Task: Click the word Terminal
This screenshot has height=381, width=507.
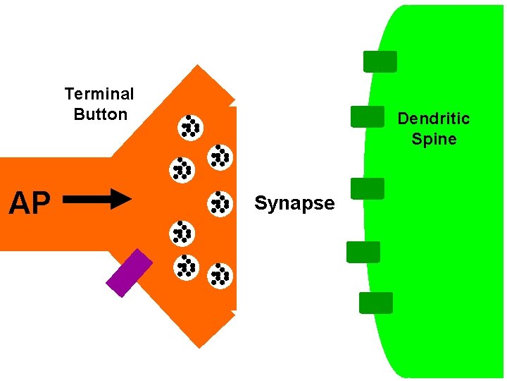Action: pyautogui.click(x=99, y=94)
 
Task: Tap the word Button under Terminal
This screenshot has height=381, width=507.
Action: pyautogui.click(x=101, y=114)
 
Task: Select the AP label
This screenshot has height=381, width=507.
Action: pyautogui.click(x=30, y=203)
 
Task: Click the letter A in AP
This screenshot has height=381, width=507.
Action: pyautogui.click(x=18, y=203)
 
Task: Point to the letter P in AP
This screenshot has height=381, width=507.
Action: pyautogui.click(x=41, y=203)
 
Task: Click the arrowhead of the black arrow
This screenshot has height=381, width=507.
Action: pyautogui.click(x=121, y=200)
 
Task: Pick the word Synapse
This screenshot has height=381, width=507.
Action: pyautogui.click(x=294, y=203)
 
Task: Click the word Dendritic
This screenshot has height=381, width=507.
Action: pyautogui.click(x=434, y=119)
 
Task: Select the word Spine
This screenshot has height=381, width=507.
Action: pyautogui.click(x=434, y=139)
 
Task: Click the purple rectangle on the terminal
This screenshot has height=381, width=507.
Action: pyautogui.click(x=129, y=273)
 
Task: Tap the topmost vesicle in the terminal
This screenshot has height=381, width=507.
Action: pyautogui.click(x=189, y=126)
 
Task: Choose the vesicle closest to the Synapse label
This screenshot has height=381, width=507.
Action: pyautogui.click(x=220, y=203)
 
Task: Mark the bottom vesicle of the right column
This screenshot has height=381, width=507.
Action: pyautogui.click(x=220, y=275)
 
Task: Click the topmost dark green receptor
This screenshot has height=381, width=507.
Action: pyautogui.click(x=380, y=61)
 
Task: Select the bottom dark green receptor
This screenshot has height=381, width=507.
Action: pyautogui.click(x=375, y=303)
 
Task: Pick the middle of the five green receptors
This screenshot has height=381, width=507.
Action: pyautogui.click(x=368, y=188)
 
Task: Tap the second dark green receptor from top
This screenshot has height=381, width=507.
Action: pyautogui.click(x=368, y=116)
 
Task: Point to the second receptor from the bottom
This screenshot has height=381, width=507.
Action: pyautogui.click(x=363, y=252)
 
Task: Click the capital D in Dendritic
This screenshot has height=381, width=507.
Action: pyautogui.click(x=403, y=119)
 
